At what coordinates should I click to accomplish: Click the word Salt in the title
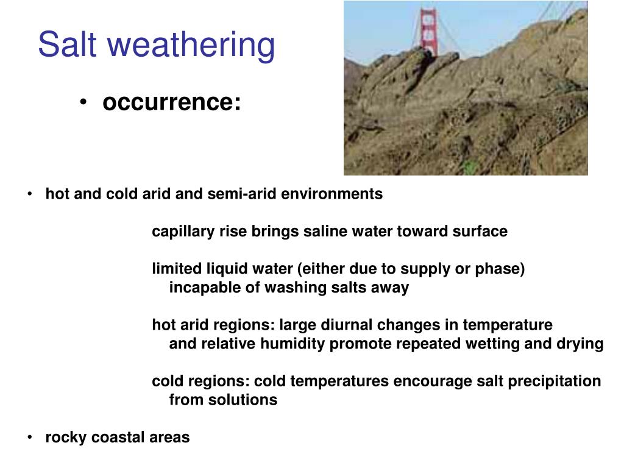(x=68, y=44)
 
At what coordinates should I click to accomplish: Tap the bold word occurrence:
(x=171, y=102)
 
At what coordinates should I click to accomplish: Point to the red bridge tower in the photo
(x=428, y=32)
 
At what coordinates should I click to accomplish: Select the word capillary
(x=183, y=232)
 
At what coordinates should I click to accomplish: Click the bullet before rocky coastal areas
(x=30, y=438)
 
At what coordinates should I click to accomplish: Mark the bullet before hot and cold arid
(x=30, y=194)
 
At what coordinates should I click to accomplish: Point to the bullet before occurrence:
(x=83, y=102)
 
